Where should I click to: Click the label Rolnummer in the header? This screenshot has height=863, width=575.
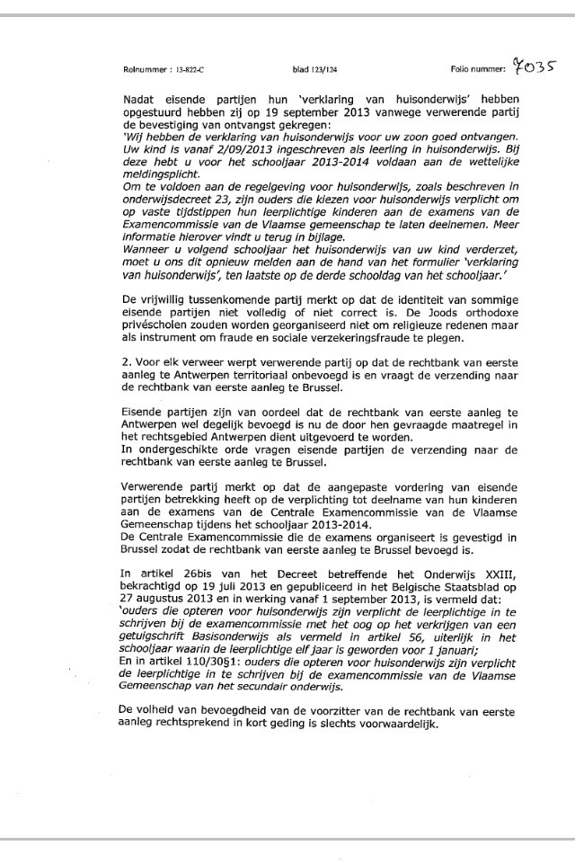[141, 69]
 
